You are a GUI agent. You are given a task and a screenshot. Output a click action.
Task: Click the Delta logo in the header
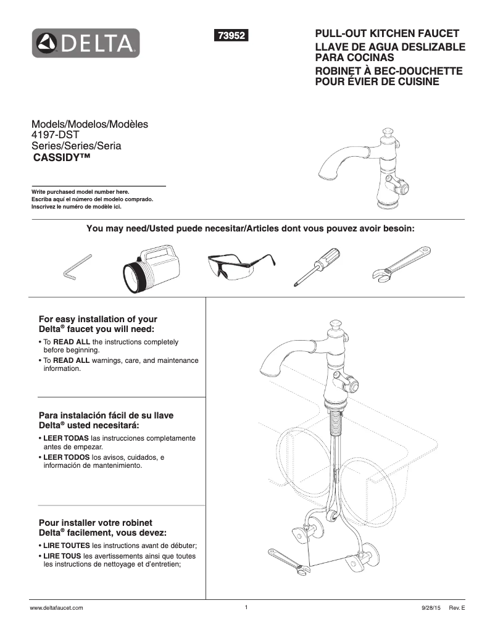86,43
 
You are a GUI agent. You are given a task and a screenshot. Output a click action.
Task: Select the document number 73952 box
230,36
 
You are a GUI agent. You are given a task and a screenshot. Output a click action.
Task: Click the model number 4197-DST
57,135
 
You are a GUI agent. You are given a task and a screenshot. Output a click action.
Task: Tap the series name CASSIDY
62,157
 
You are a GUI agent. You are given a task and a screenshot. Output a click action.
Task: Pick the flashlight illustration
148,265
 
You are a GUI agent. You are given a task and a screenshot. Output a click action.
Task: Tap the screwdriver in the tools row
317,265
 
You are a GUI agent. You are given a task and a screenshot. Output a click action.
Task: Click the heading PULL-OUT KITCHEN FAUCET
387,33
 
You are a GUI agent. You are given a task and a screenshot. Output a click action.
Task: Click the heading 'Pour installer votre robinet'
96,522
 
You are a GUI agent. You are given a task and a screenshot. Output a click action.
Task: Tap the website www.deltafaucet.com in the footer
57,608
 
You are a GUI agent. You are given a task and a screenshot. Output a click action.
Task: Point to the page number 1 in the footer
246,607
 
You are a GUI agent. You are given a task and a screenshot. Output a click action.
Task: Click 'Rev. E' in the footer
457,608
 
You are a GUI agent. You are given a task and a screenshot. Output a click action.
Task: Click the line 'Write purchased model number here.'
80,192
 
